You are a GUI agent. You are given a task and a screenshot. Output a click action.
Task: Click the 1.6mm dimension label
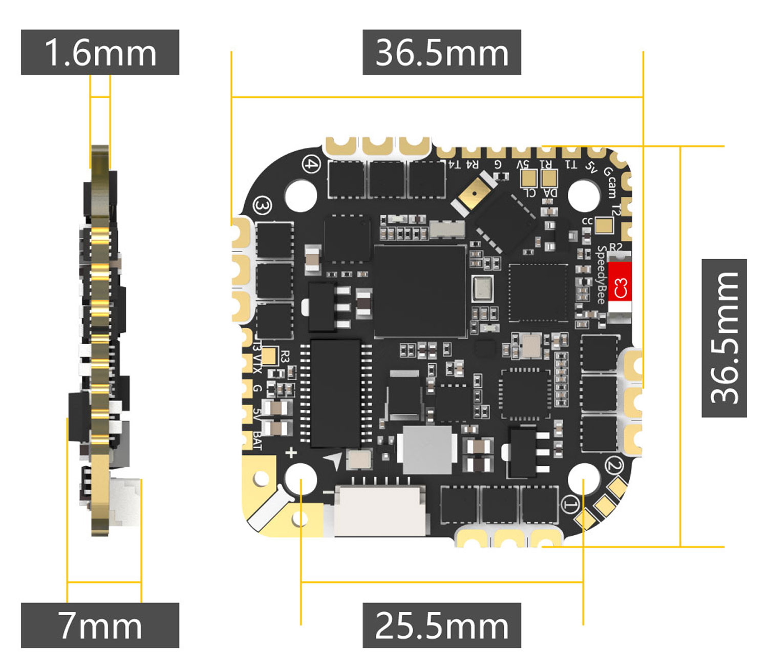click(x=100, y=52)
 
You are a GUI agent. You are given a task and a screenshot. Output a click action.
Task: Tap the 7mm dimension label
click(x=100, y=625)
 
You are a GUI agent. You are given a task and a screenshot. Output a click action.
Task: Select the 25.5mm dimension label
click(x=442, y=625)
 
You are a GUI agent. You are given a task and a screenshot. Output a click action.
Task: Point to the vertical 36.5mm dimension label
click(x=724, y=338)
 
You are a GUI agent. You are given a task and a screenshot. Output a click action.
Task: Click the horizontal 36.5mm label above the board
click(x=442, y=52)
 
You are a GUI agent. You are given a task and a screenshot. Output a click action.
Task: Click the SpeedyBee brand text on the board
click(x=602, y=274)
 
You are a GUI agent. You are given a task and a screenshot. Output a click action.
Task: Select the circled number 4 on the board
click(x=311, y=164)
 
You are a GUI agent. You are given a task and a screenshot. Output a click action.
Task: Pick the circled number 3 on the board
click(x=263, y=206)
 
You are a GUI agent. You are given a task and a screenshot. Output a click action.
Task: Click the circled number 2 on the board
click(x=614, y=466)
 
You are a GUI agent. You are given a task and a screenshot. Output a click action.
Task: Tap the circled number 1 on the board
click(x=571, y=504)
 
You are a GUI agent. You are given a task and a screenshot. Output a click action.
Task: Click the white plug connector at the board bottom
click(x=379, y=510)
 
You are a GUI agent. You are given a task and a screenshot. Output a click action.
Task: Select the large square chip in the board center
click(x=420, y=291)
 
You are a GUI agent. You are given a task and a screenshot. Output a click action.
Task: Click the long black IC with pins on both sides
click(x=335, y=392)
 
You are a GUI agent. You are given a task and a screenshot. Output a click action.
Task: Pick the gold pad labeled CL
click(x=528, y=178)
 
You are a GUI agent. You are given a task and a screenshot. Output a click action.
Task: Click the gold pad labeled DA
click(x=549, y=178)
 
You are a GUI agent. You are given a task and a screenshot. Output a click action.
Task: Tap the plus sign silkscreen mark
click(x=291, y=453)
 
